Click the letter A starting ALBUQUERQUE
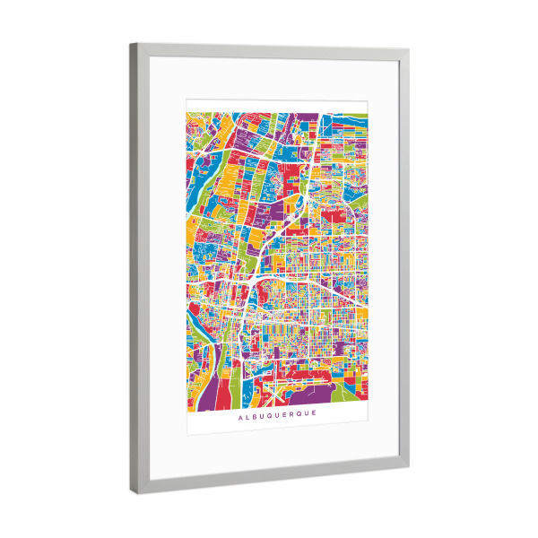pos(239,415)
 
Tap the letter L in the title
pos(247,415)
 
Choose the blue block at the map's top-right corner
pos(356,120)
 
